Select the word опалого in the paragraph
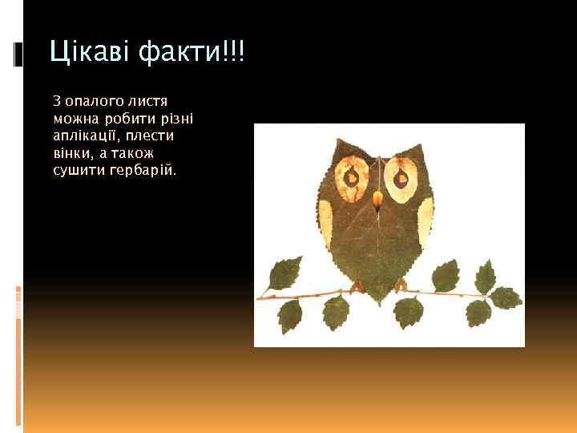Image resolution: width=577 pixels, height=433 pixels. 90,101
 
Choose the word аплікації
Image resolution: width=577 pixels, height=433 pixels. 83,136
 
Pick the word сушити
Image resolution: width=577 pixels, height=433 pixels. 76,170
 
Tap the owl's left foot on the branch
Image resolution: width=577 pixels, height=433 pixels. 357,285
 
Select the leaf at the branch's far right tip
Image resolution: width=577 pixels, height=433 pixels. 505,297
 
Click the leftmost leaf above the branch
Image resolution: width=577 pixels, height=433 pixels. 284,274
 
